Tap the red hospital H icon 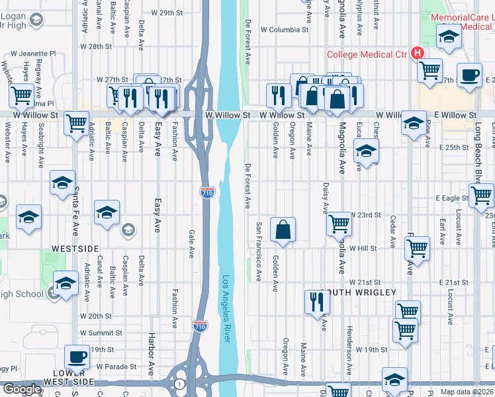[417, 53]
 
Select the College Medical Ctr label [366, 55]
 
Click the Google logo [21, 389]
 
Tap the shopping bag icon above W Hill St [283, 230]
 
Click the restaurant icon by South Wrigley [318, 302]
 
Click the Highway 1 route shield [179, 383]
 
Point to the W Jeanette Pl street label [31, 53]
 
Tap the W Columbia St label [285, 30]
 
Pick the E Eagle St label [452, 198]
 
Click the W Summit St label [101, 333]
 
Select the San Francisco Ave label [258, 251]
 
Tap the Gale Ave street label [191, 243]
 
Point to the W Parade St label [116, 366]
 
